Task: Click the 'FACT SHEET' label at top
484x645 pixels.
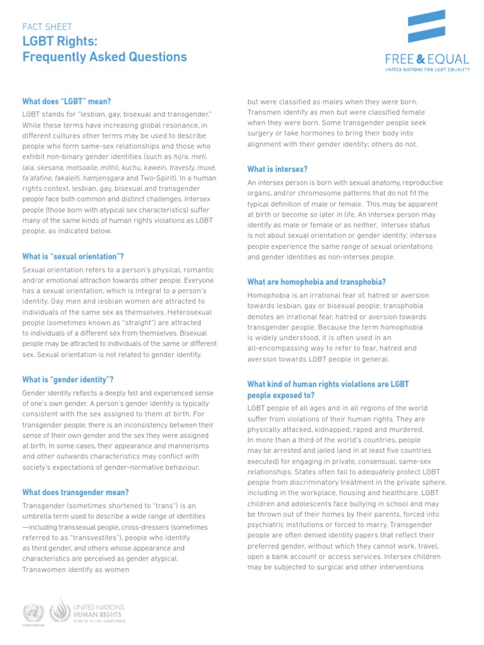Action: pyautogui.click(x=47, y=27)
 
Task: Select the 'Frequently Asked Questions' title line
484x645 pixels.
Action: pyautogui.click(x=105, y=57)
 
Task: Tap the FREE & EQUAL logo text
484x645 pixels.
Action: pyautogui.click(x=427, y=60)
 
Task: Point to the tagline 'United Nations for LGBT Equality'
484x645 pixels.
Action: pyautogui.click(x=427, y=71)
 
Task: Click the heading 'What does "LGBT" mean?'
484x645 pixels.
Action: pyautogui.click(x=71, y=101)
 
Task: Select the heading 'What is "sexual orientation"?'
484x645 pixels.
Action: pyautogui.click(x=73, y=256)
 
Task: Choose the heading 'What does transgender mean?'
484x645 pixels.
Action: pyautogui.click(x=76, y=492)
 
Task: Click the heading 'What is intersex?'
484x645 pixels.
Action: pyautogui.click(x=277, y=169)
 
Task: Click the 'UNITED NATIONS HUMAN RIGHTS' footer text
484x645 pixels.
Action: pyautogui.click(x=99, y=611)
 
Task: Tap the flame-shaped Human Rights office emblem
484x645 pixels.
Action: pyautogui.click(x=60, y=610)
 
